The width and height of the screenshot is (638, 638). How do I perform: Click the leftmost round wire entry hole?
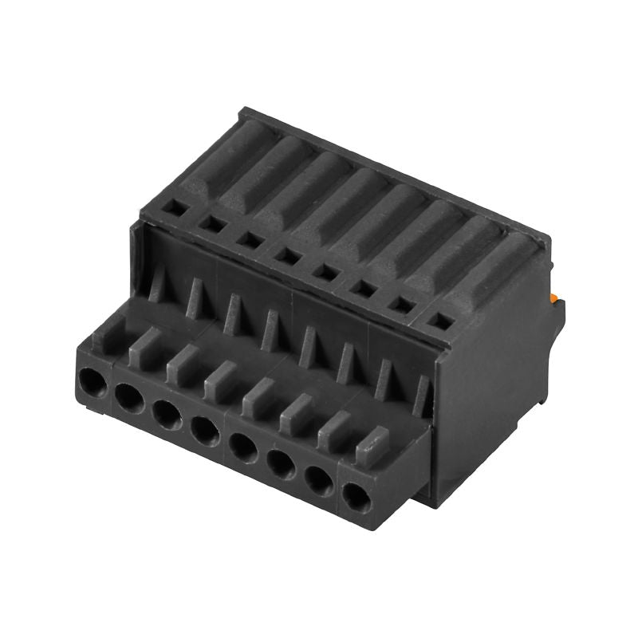93,383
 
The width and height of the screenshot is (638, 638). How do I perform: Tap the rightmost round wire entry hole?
356,498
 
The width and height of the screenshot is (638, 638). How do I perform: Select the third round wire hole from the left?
166,413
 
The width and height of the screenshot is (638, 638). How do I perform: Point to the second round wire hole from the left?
128,396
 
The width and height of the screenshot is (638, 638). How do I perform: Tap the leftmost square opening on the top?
173,208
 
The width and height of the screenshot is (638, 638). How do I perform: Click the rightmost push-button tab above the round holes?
372,446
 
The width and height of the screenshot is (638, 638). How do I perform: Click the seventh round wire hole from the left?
319,481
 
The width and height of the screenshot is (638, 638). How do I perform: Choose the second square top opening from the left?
212,224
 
